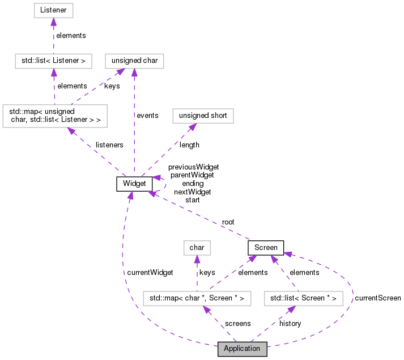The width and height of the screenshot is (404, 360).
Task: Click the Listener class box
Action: coord(53,10)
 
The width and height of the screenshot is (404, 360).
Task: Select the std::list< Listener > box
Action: coord(53,60)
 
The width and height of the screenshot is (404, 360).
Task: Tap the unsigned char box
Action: coord(134,60)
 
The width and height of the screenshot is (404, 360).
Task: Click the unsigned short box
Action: coord(202,116)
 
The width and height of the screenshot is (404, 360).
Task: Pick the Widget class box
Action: coord(134,184)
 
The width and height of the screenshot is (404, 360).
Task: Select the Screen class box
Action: coord(266,248)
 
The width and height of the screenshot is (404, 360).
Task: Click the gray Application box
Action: coord(242,349)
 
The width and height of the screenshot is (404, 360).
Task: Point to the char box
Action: coord(197,248)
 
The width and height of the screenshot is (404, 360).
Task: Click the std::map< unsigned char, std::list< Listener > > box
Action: coord(54,116)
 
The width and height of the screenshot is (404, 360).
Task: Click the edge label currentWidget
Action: coord(150,273)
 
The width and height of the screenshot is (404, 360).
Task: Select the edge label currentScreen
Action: coord(377,298)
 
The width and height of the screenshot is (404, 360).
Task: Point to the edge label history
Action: coord(290,323)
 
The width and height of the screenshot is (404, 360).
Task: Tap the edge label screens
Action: coord(237,323)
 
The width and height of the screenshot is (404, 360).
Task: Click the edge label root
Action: coord(228,222)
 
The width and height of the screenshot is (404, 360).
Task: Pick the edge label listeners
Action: coord(109,145)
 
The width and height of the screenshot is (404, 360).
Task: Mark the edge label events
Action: coord(147,116)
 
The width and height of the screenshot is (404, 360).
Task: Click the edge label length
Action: coord(189,145)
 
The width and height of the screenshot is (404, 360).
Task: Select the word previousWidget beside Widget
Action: coord(193,167)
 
